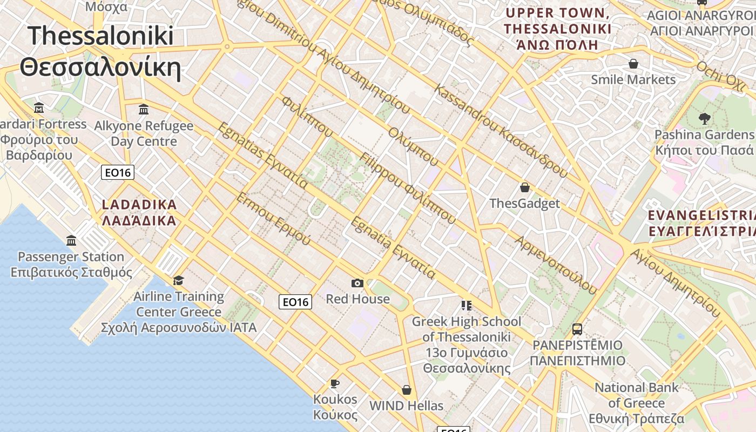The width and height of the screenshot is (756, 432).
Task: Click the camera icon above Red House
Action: point(357,283)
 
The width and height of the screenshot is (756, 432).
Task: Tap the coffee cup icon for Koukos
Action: point(335,384)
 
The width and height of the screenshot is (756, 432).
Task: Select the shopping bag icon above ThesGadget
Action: point(524,188)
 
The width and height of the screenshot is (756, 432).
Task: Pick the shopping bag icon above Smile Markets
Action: point(633,64)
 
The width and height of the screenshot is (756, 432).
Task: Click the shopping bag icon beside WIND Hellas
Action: point(407,390)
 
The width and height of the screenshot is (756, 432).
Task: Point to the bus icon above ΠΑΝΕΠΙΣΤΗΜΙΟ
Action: point(577,329)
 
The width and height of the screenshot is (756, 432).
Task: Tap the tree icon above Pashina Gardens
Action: point(704,119)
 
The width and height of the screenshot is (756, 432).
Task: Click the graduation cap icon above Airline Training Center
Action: point(178,280)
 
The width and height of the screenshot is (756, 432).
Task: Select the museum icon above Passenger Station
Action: point(71,240)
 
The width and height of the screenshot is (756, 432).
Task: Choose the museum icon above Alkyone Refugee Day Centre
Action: point(144,110)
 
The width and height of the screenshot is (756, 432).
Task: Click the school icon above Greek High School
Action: point(467,306)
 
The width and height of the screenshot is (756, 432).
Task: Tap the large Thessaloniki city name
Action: point(100,51)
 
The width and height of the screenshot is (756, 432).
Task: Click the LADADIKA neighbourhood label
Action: point(139,212)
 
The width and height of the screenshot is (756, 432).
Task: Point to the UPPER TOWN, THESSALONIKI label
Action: point(558,29)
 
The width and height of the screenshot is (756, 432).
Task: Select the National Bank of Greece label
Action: point(637,403)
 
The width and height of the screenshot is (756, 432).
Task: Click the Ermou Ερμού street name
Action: point(273,218)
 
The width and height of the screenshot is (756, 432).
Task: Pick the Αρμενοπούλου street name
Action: point(556,265)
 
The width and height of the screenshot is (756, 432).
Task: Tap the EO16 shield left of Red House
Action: point(295,302)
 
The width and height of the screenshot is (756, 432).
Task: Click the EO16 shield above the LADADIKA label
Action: point(118,173)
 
